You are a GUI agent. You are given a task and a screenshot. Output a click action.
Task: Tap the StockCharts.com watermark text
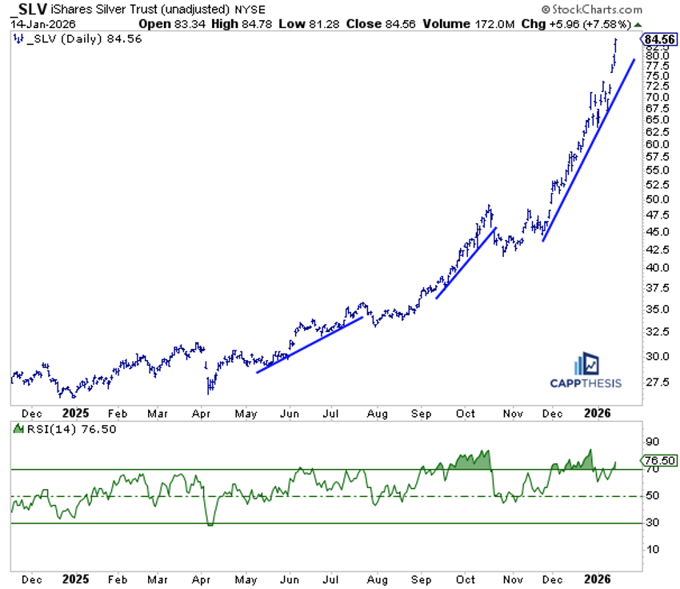click(x=595, y=10)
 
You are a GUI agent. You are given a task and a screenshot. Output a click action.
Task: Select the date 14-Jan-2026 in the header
click(x=38, y=23)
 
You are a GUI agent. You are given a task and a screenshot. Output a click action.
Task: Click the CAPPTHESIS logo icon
click(x=590, y=363)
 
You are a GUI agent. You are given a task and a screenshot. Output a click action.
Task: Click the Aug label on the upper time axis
click(x=378, y=414)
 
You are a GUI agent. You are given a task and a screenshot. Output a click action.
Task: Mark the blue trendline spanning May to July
click(x=310, y=345)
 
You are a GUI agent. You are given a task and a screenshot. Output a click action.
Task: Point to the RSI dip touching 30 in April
click(x=210, y=524)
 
